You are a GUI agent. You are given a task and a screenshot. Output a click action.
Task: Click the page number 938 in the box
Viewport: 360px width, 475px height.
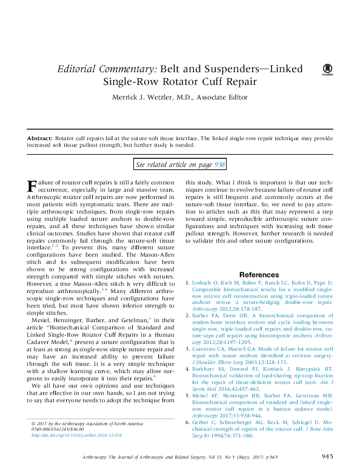coord(220,164)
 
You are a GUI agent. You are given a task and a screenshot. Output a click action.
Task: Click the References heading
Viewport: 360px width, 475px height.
coord(259,275)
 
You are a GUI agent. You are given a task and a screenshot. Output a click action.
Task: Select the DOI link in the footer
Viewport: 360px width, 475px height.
coord(69,436)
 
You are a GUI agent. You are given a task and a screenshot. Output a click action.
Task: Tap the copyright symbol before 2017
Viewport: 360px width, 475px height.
coord(32,422)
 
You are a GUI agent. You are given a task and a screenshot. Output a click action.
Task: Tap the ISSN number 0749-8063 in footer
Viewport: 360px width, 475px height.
coord(44,429)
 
